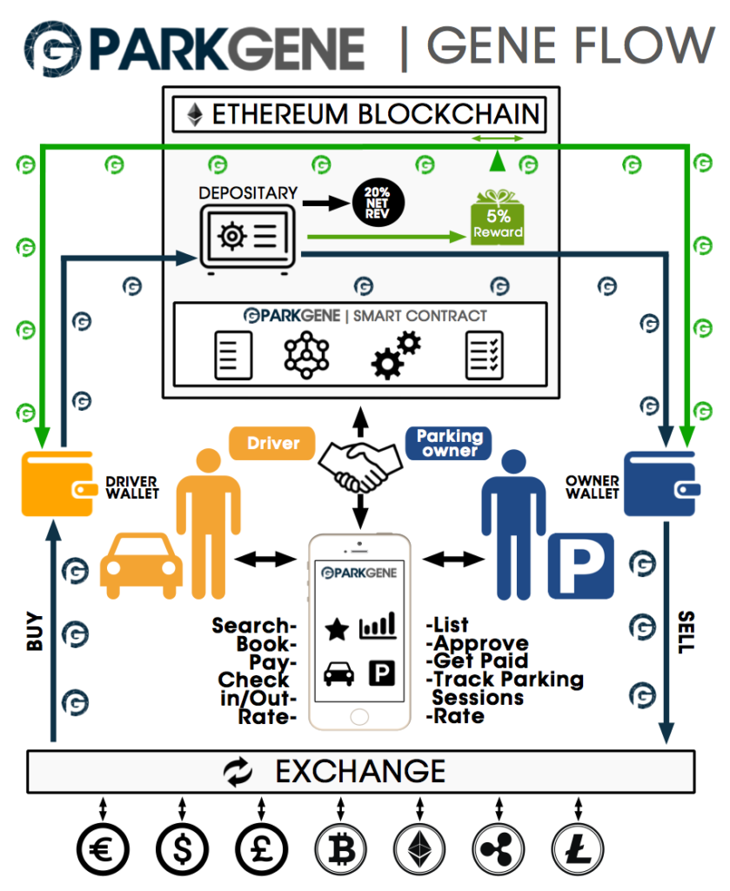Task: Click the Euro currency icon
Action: pos(103,847)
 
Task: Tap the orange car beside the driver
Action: pos(140,566)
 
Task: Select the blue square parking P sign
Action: pos(580,568)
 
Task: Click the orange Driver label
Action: pos(271,443)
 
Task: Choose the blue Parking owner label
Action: pos(448,443)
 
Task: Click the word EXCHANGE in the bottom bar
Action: pos(360,771)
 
